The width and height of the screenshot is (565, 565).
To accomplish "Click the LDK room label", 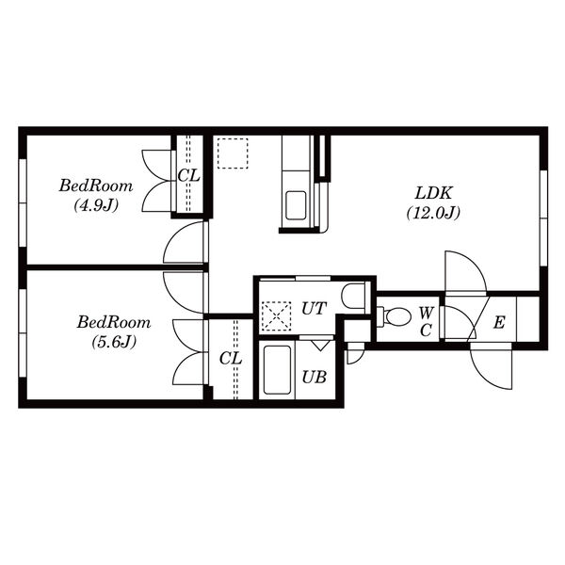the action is click(x=433, y=193).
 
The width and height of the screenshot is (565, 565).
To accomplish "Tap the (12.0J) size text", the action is click(x=433, y=214).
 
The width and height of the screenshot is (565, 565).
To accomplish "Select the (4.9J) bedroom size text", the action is click(x=96, y=205).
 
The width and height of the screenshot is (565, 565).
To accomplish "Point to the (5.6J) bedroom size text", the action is click(x=114, y=342).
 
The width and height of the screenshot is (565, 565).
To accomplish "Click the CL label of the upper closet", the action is click(x=189, y=176).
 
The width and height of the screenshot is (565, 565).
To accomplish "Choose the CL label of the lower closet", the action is click(x=231, y=359).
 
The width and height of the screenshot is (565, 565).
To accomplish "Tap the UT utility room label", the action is click(x=314, y=309).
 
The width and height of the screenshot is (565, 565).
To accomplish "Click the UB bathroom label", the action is click(x=315, y=378).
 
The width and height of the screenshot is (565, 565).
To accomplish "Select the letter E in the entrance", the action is click(x=499, y=322).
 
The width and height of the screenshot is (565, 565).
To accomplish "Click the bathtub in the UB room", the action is click(x=277, y=370).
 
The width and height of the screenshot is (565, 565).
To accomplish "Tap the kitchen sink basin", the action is click(x=296, y=205).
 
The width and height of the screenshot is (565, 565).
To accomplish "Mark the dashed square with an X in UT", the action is click(x=276, y=316).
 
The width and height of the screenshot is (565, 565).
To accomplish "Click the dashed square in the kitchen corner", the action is click(x=233, y=153).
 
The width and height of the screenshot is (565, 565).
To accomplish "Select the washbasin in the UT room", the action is click(x=353, y=297).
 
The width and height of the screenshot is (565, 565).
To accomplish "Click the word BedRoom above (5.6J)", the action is click(x=114, y=322).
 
